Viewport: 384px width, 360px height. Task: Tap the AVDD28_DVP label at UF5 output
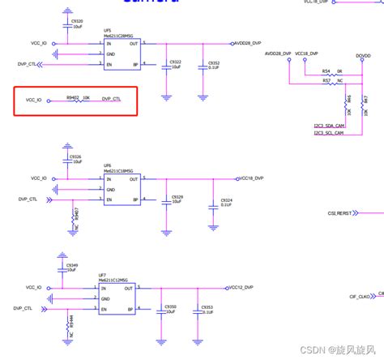(x=247, y=42)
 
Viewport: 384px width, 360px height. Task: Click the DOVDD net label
(x=364, y=55)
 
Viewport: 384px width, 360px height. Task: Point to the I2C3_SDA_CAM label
(x=329, y=126)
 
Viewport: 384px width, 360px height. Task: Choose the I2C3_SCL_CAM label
(x=329, y=134)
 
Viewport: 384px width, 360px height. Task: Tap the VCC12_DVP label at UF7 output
(x=240, y=286)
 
